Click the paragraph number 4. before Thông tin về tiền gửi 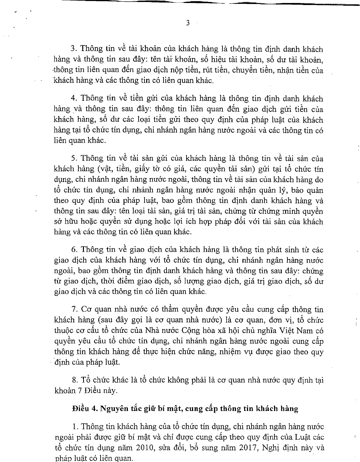74,99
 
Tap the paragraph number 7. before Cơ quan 74,309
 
